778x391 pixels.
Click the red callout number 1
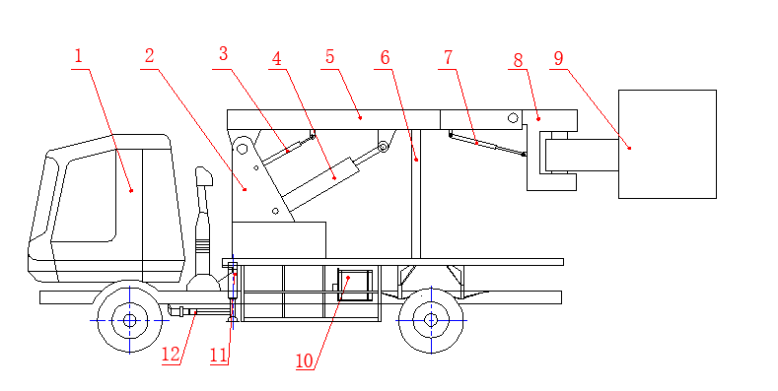coord(78,56)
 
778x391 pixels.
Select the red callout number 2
coord(149,56)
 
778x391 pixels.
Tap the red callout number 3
coord(223,53)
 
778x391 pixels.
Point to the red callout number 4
coord(277,59)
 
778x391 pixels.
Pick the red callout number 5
coord(330,57)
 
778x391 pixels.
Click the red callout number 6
coord(385,58)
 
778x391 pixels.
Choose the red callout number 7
coord(448,57)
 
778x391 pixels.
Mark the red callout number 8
coord(518,60)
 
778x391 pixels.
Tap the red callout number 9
coord(559,58)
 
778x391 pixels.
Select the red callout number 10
coord(305,361)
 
